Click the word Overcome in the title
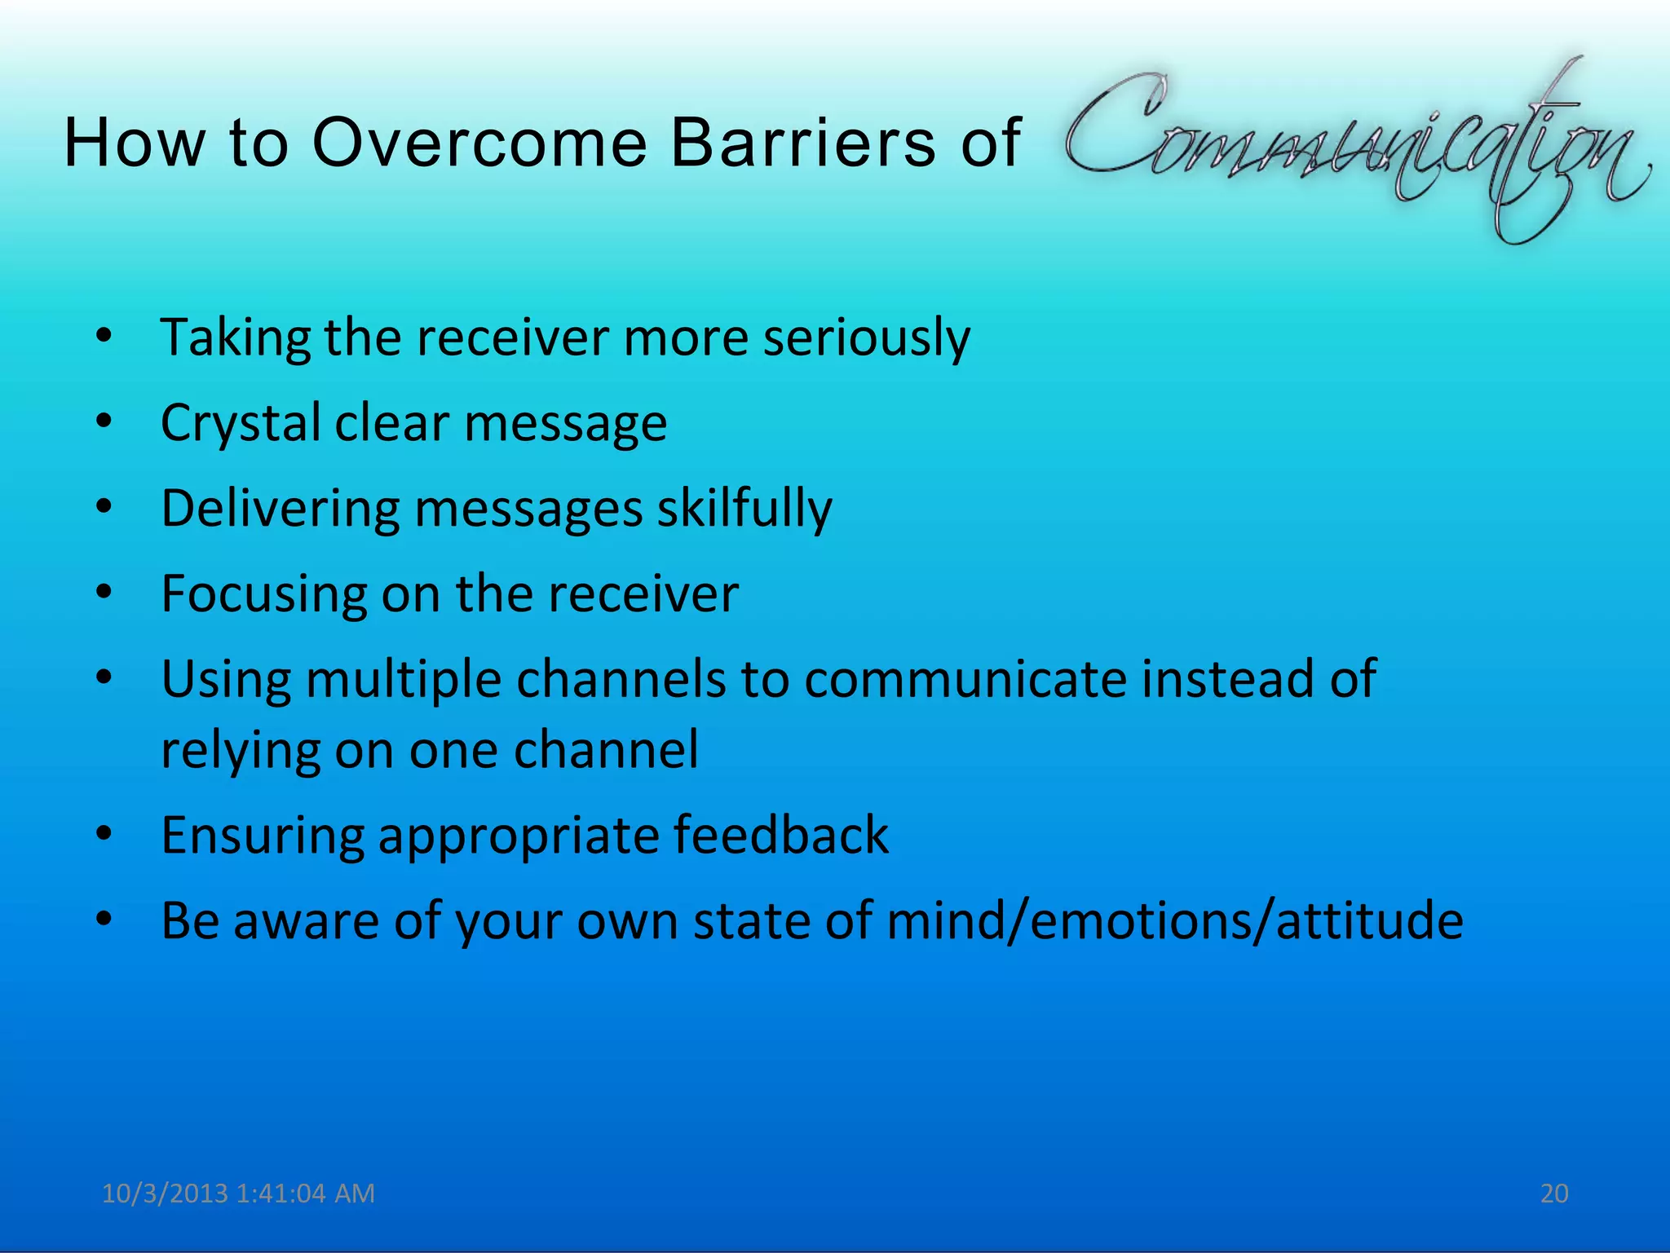(x=479, y=143)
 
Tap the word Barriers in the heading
(x=803, y=143)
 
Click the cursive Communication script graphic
(x=1354, y=147)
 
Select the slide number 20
(x=1554, y=1193)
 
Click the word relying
(x=241, y=751)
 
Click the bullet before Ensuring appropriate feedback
(x=103, y=835)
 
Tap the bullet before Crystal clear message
(x=103, y=422)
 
